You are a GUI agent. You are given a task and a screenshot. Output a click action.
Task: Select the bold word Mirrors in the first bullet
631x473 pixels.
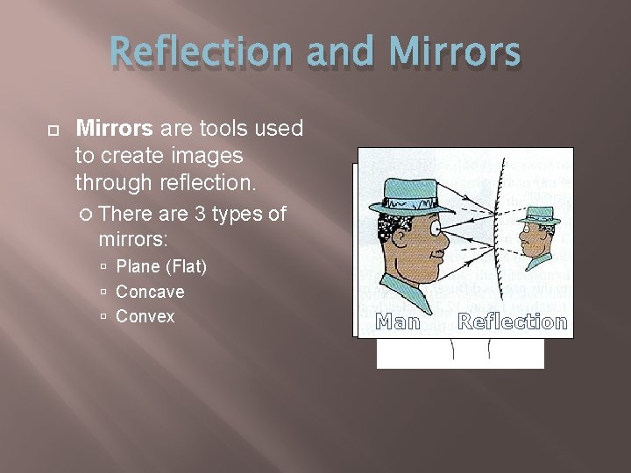(115, 130)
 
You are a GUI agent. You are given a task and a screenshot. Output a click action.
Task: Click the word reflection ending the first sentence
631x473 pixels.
(208, 182)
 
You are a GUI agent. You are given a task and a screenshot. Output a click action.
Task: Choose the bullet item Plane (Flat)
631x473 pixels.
(161, 266)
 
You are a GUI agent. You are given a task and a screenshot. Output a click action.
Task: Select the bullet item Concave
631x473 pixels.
(150, 292)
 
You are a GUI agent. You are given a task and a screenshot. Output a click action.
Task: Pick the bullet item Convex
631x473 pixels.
(145, 316)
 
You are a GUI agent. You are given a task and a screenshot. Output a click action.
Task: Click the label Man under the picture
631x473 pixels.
(397, 322)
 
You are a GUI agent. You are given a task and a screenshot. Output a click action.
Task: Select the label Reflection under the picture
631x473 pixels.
(513, 322)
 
